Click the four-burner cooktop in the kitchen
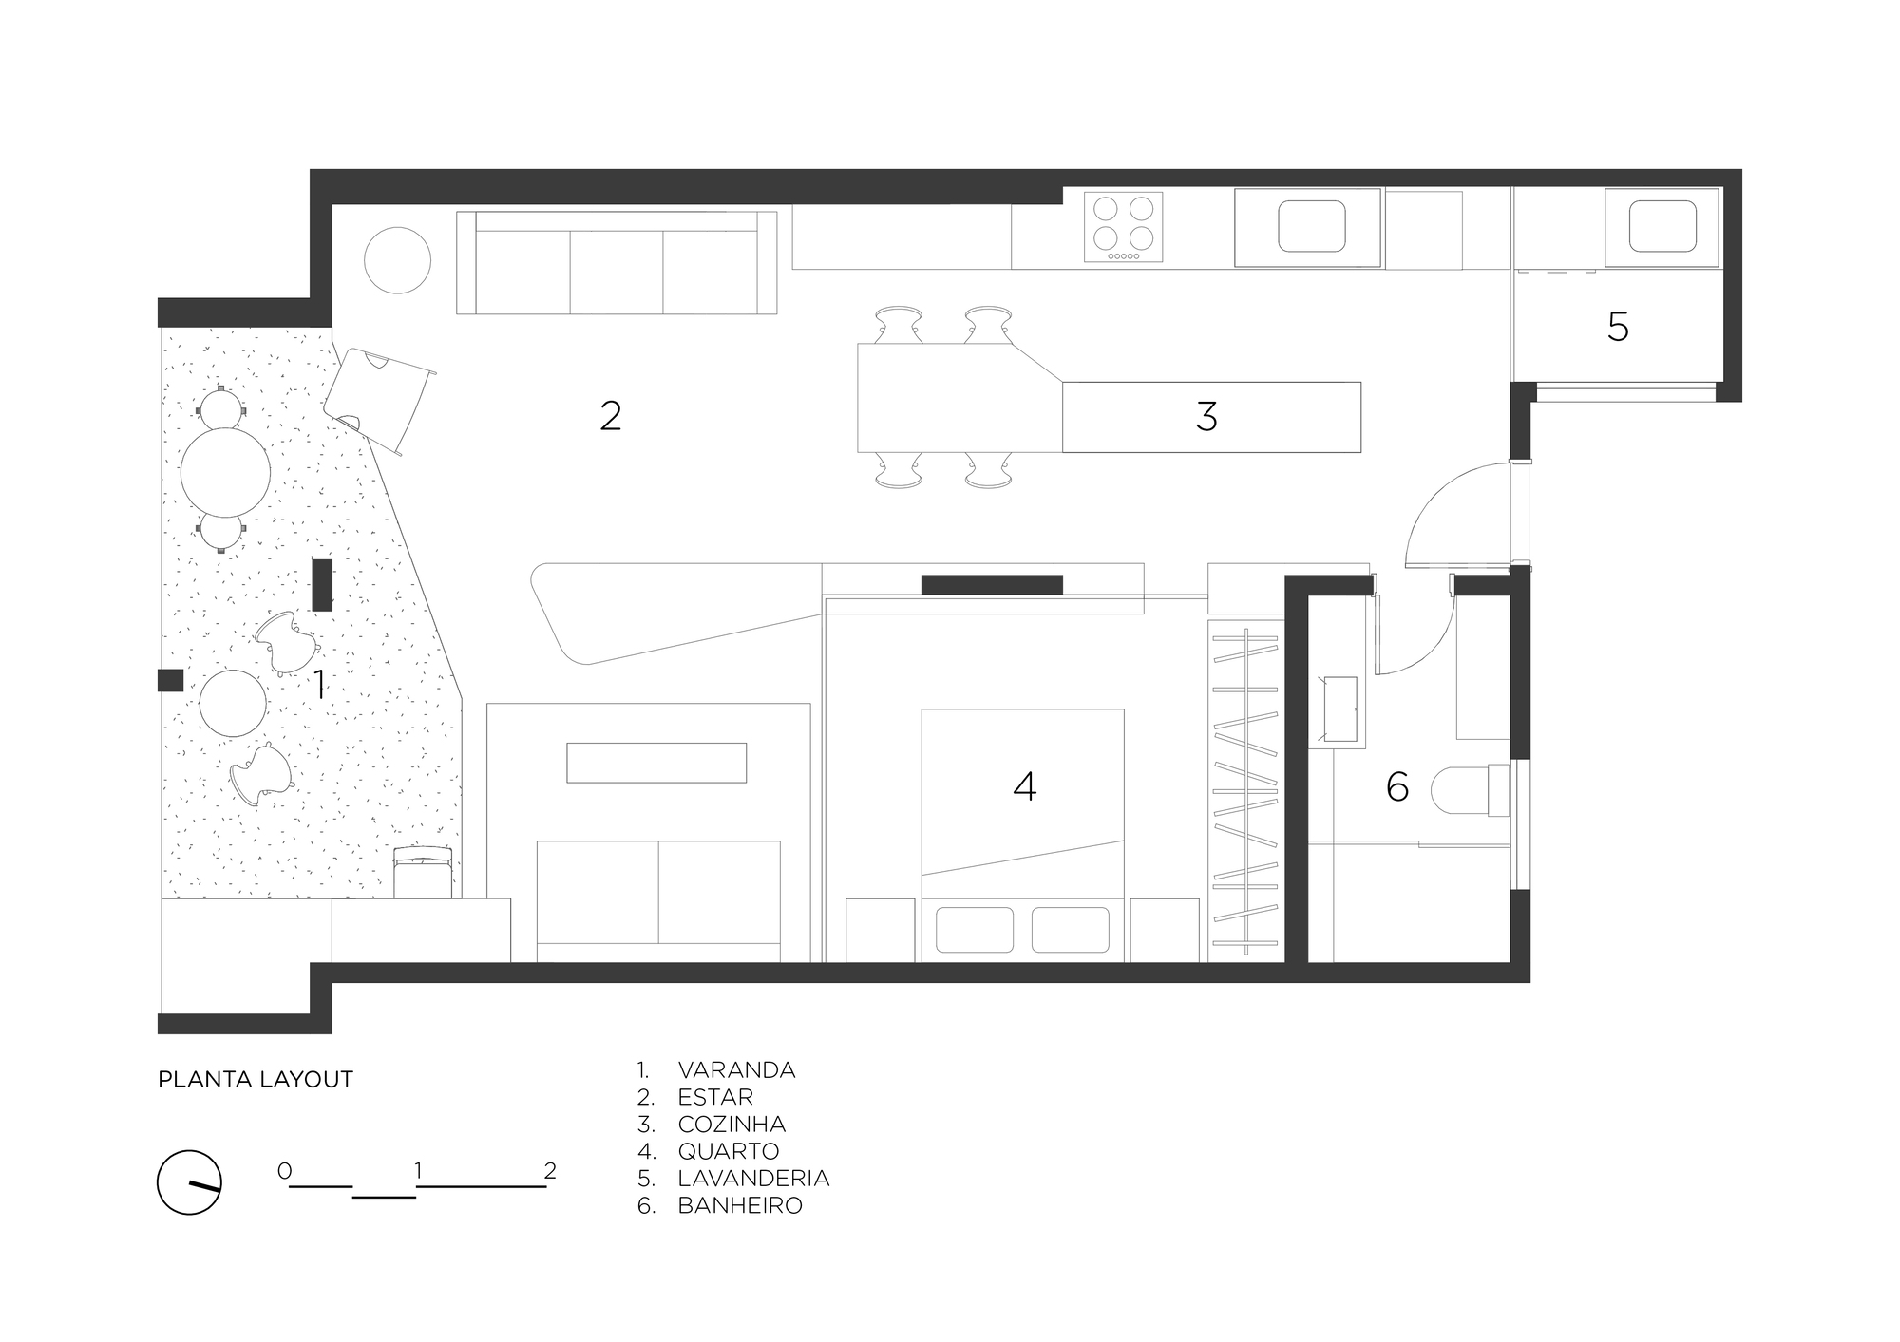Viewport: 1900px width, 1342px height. (x=1123, y=228)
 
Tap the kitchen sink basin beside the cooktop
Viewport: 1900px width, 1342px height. (x=1311, y=226)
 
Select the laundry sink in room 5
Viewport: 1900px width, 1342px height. (x=1662, y=226)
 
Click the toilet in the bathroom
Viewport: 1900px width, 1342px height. (x=1468, y=789)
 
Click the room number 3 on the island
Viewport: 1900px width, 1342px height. (x=1206, y=416)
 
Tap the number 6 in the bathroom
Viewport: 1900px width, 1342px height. (x=1396, y=786)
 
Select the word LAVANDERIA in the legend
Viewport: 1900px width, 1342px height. (x=753, y=1179)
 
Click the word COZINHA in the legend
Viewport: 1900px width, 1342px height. (x=731, y=1125)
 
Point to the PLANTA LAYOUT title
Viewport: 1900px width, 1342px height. (x=256, y=1079)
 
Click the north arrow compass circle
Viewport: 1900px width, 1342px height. (x=189, y=1182)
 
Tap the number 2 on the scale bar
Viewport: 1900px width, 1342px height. (x=550, y=1171)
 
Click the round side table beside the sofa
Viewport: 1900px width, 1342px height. (x=398, y=260)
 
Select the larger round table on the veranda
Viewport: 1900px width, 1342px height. (x=225, y=473)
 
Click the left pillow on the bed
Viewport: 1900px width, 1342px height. (x=974, y=930)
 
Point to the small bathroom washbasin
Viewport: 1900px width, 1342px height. (x=1339, y=709)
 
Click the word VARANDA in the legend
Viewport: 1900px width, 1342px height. (x=736, y=1070)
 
